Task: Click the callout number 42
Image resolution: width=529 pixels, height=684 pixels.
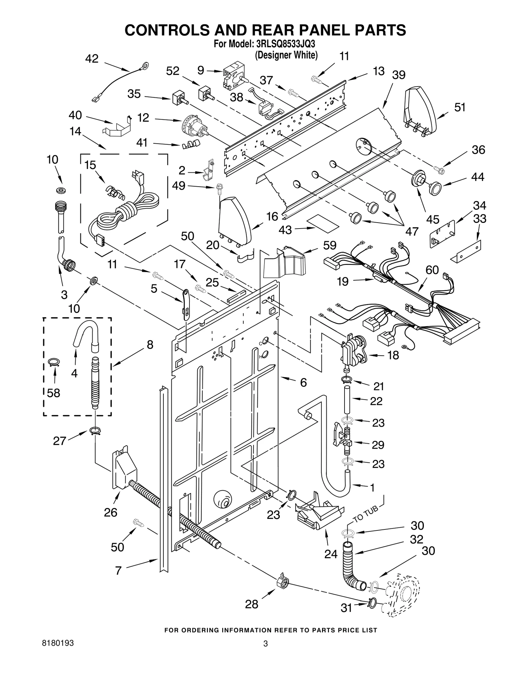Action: coord(92,59)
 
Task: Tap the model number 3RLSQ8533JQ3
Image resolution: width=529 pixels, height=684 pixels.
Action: coord(283,44)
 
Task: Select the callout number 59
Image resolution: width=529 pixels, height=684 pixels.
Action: coord(329,245)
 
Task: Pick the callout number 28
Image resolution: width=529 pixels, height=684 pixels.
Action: coord(252,604)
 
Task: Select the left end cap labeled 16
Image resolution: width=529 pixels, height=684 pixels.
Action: coord(234,221)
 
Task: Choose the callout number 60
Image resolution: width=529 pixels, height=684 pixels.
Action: coord(432,270)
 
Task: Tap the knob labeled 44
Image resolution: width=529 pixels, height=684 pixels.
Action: coord(435,188)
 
